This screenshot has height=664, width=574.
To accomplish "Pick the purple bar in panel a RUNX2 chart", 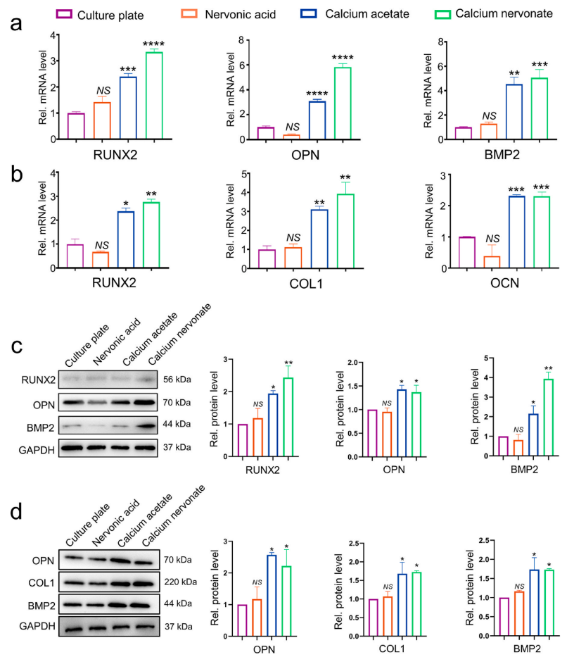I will point(76,125).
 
